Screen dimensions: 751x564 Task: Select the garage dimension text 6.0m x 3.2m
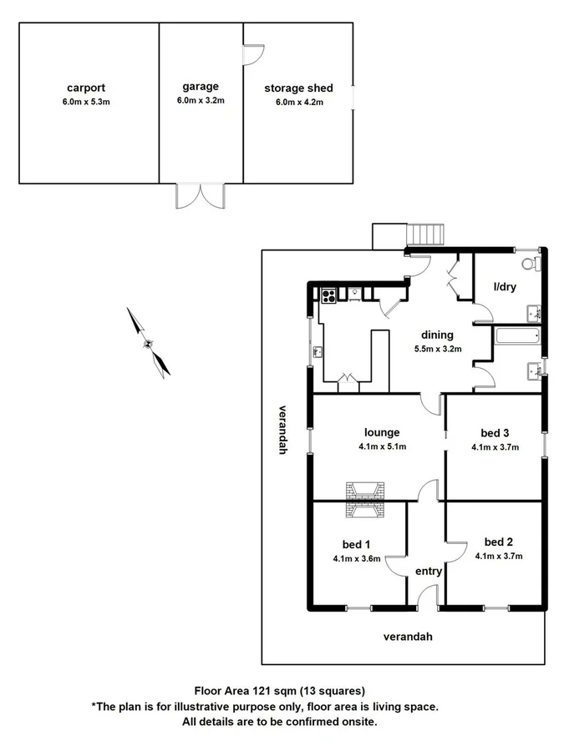click(x=201, y=100)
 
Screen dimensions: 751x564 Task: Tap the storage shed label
click(x=298, y=88)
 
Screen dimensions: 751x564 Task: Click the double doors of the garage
click(x=201, y=195)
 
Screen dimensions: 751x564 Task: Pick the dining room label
click(x=437, y=335)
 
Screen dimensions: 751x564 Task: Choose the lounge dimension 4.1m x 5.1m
click(x=382, y=446)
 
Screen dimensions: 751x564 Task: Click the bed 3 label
click(x=495, y=432)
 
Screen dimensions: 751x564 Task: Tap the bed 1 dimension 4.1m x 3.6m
click(x=357, y=558)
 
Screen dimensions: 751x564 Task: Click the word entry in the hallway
click(x=429, y=572)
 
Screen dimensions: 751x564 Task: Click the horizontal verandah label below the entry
click(x=408, y=637)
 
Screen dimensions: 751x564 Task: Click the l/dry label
click(x=506, y=287)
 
